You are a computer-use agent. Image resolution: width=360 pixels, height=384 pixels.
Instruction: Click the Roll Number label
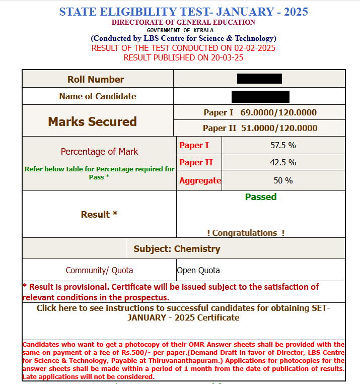tap(96, 79)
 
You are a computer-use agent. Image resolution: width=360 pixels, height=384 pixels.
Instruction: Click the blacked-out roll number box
tap(259, 79)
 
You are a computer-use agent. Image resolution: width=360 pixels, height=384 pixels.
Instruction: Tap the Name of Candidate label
tap(98, 96)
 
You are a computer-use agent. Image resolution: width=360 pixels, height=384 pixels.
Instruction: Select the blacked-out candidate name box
tap(260, 97)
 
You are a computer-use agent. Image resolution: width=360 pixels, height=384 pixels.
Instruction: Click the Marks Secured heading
tap(92, 121)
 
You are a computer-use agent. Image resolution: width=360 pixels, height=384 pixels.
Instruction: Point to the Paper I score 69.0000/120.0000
tap(278, 112)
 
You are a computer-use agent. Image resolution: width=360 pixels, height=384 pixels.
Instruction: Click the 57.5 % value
tap(283, 146)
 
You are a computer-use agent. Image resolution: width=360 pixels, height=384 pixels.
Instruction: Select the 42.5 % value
tap(283, 162)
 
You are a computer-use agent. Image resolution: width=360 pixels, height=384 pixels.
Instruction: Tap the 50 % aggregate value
tap(283, 180)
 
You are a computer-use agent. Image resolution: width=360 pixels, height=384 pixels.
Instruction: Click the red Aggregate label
tap(200, 180)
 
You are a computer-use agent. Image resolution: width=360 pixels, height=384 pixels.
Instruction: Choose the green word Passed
tap(260, 197)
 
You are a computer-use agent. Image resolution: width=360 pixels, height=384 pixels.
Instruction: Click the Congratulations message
tap(246, 233)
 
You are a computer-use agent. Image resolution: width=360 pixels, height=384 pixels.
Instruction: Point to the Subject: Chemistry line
tap(177, 249)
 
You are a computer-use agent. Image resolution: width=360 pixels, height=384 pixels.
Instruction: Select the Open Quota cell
tap(198, 270)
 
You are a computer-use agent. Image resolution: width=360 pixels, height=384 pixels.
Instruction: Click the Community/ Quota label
tap(99, 270)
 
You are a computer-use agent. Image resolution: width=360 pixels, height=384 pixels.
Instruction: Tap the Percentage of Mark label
tap(99, 151)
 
